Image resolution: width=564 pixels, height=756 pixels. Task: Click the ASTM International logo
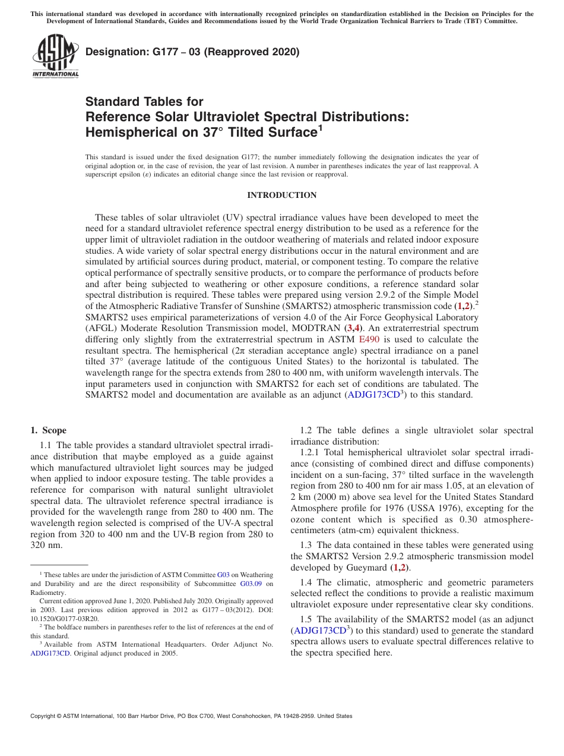click(55, 56)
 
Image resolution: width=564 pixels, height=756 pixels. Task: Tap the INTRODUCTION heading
click(281, 195)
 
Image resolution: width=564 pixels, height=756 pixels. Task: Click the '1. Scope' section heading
click(48, 430)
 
